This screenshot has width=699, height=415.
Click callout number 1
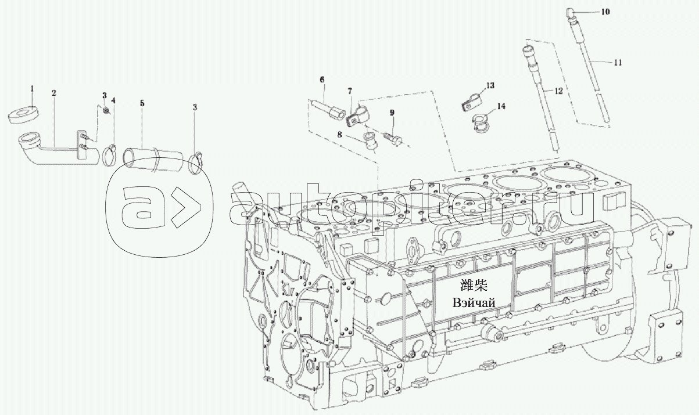click(x=32, y=89)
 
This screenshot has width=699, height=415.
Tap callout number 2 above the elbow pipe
click(x=54, y=93)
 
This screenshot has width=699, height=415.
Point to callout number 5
click(x=142, y=103)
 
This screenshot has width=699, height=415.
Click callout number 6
click(x=322, y=80)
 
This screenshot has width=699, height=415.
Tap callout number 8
click(x=340, y=135)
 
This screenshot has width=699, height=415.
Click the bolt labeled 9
click(x=395, y=141)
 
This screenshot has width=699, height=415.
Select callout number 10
click(x=605, y=12)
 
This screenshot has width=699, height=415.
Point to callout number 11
click(x=618, y=63)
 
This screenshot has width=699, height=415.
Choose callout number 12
click(x=558, y=91)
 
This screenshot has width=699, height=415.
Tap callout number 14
click(x=501, y=106)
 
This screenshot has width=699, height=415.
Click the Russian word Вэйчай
click(x=474, y=303)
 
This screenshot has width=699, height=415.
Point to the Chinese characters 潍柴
click(x=474, y=286)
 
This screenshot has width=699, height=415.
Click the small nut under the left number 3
click(x=106, y=110)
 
